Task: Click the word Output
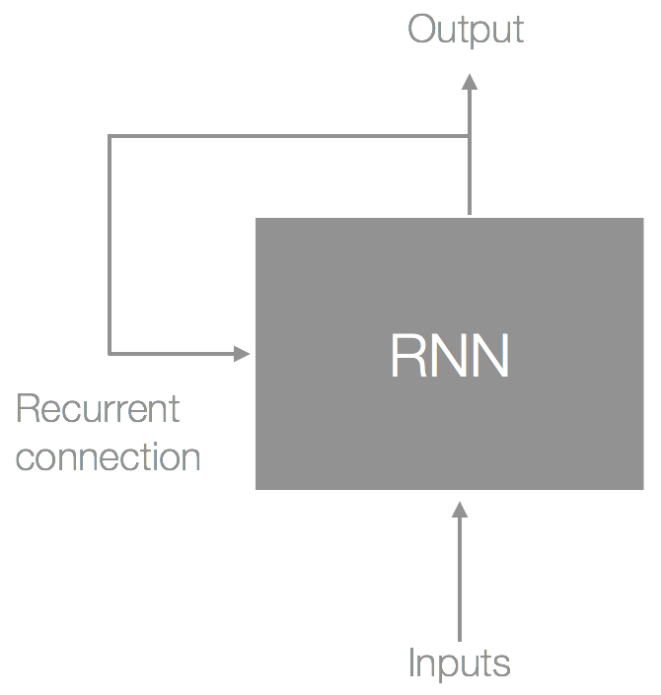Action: (466, 30)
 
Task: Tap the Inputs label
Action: (459, 663)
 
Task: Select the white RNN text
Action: (450, 356)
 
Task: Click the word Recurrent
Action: (98, 409)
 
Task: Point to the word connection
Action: (108, 456)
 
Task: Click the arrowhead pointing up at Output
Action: (470, 82)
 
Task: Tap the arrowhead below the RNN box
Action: (460, 510)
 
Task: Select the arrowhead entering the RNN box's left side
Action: (242, 354)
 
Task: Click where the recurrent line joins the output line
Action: (470, 136)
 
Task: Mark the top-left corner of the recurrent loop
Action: (110, 136)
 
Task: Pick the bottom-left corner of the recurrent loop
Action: (110, 354)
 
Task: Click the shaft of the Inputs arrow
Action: (460, 580)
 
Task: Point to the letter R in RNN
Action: (409, 356)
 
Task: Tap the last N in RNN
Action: (490, 356)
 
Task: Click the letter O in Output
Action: (423, 29)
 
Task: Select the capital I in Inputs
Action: (412, 661)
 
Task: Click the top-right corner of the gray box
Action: (643, 218)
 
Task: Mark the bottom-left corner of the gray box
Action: (256, 489)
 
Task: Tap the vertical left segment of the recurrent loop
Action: (110, 244)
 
